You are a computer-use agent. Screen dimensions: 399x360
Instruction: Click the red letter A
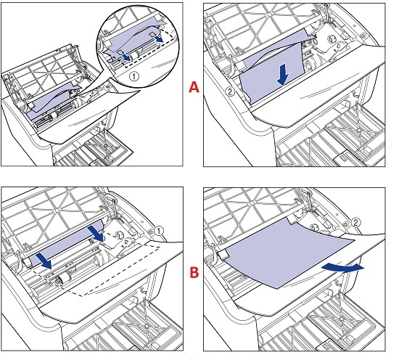(194, 87)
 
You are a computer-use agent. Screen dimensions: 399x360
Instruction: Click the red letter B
(194, 272)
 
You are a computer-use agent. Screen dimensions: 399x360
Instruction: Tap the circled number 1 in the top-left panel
(134, 76)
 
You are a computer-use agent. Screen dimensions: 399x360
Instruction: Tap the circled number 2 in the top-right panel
(230, 91)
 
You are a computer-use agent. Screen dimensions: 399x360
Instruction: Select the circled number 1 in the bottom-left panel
(159, 231)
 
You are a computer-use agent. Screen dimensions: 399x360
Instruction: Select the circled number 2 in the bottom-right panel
(355, 223)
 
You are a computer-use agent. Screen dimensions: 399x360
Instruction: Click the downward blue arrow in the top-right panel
(283, 75)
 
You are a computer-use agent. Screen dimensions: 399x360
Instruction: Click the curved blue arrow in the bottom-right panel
(342, 268)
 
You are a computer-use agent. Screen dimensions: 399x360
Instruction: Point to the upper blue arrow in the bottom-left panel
(96, 233)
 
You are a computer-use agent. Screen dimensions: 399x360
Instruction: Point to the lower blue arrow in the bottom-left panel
(44, 261)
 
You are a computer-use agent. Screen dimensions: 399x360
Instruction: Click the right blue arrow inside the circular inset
(160, 38)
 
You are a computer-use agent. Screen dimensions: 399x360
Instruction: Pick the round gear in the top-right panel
(332, 39)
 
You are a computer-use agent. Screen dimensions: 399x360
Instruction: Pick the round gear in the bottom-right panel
(315, 226)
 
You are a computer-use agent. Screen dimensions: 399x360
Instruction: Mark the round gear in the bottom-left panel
(119, 234)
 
